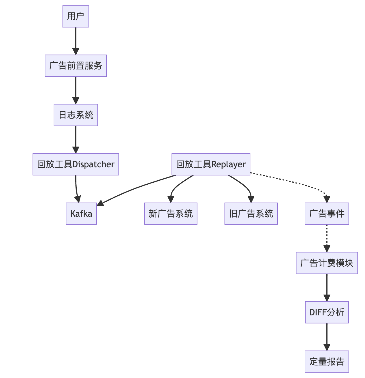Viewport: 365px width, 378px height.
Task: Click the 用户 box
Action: pos(76,16)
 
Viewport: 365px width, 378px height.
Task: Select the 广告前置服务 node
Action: pos(76,66)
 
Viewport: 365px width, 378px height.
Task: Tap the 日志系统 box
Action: pos(76,115)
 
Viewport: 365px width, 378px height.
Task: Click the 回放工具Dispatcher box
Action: pos(76,164)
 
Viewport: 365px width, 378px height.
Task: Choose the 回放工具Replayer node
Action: pos(211,164)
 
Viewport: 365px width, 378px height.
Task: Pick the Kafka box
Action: pos(81,214)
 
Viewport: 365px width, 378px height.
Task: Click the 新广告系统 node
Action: pos(171,214)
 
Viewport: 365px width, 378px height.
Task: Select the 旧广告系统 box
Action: pos(251,214)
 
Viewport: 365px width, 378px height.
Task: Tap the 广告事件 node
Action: pos(327,214)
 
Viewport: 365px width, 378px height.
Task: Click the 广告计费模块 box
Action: pos(327,263)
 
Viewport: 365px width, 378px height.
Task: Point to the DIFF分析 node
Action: pos(327,312)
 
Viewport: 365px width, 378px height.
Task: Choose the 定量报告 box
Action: pos(327,362)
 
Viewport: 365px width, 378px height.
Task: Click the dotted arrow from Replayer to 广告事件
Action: pos(291,182)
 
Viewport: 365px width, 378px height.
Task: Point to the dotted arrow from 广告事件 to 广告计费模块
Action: pos(327,238)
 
